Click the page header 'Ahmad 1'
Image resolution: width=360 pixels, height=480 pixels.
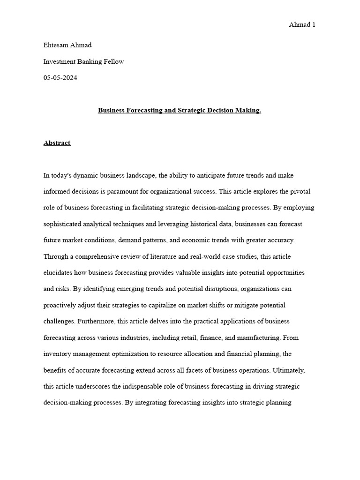[302, 25]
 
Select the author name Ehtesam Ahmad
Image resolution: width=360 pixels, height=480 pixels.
[67, 45]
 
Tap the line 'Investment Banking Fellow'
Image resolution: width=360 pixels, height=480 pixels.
[83, 62]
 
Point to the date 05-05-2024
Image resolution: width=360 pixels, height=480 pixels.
[60, 78]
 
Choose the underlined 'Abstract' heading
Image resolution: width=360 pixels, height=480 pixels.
[57, 143]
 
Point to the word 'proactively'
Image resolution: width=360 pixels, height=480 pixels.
[60, 305]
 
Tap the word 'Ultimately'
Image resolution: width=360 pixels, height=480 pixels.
[288, 370]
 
